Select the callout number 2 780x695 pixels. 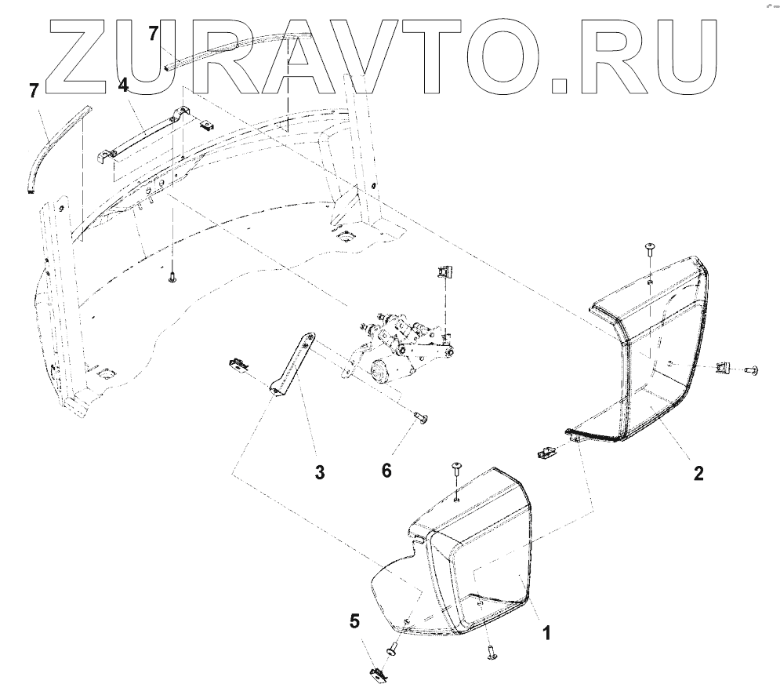(698, 473)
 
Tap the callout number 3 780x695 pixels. (319, 472)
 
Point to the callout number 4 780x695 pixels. (122, 85)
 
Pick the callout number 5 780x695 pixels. (355, 621)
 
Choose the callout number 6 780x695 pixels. (386, 470)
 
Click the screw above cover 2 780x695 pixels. (650, 249)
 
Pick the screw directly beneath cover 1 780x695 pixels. (491, 651)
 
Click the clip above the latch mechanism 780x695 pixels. (444, 275)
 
